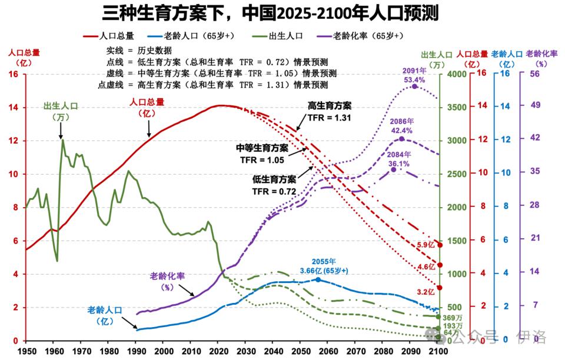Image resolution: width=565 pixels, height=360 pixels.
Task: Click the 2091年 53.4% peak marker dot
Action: click(x=414, y=86)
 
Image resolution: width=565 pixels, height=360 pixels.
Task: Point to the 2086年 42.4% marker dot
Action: click(x=401, y=139)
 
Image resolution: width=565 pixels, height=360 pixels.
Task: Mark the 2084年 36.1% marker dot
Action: click(x=394, y=169)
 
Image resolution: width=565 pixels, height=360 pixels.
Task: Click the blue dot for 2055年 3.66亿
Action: click(x=318, y=279)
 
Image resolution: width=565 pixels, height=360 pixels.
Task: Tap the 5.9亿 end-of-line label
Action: click(x=426, y=245)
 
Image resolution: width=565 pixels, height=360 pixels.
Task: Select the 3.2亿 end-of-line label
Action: click(x=426, y=291)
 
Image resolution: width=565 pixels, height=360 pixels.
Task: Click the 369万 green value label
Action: click(x=451, y=318)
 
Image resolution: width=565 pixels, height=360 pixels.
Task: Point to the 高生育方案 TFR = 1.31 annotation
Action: click(x=330, y=111)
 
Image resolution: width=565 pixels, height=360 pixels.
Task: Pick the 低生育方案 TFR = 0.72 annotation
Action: click(x=274, y=185)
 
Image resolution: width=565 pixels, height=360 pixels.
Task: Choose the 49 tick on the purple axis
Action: click(x=535, y=108)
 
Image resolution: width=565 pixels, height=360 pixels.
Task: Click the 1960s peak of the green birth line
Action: click(x=62, y=139)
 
